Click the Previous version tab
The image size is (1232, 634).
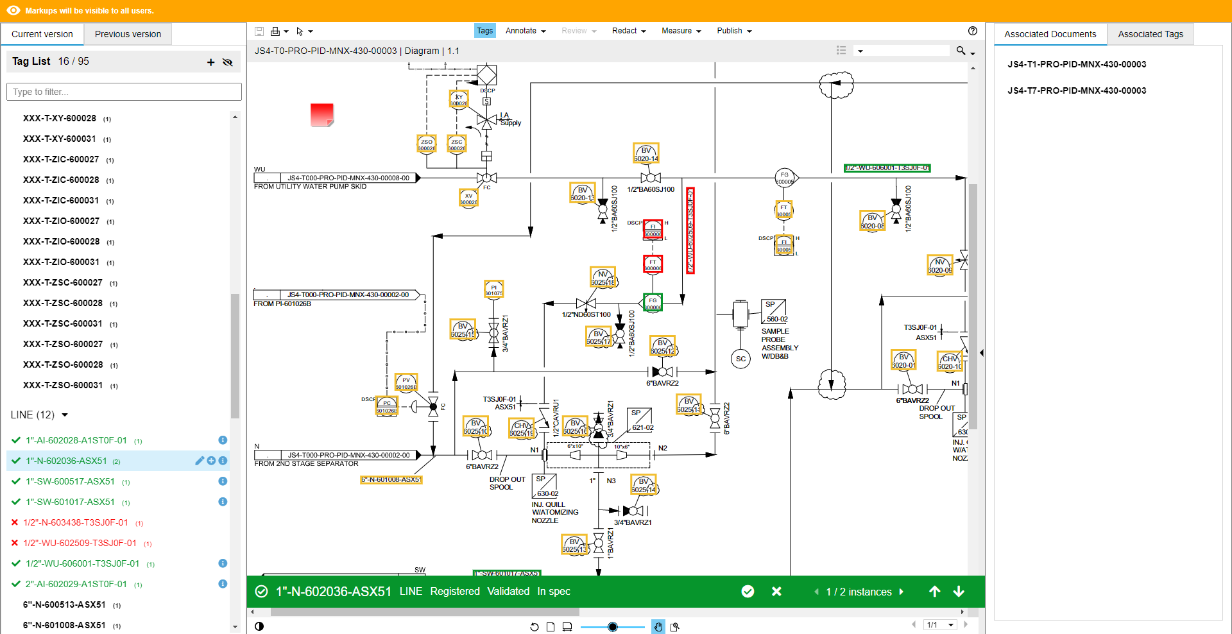(x=128, y=34)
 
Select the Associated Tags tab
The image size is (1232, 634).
(x=1150, y=34)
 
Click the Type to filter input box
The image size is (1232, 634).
(x=124, y=92)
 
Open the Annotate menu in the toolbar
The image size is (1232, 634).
(x=525, y=31)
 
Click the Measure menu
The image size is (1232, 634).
(x=681, y=31)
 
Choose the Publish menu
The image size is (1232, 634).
(x=734, y=31)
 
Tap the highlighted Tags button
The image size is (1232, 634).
(x=484, y=31)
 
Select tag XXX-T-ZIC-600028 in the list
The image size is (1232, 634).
(x=61, y=180)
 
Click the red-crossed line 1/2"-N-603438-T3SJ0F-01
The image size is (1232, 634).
(x=76, y=522)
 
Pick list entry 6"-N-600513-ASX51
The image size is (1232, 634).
(x=64, y=604)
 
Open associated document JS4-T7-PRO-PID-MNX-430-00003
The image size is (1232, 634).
(x=1076, y=90)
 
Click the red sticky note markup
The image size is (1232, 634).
(x=321, y=115)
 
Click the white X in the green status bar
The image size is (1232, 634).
(x=776, y=591)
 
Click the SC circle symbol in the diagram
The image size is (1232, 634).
(x=740, y=359)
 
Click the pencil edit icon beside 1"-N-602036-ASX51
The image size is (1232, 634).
(x=200, y=461)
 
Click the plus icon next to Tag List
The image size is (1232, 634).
(x=210, y=62)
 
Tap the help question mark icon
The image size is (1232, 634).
(x=972, y=31)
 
